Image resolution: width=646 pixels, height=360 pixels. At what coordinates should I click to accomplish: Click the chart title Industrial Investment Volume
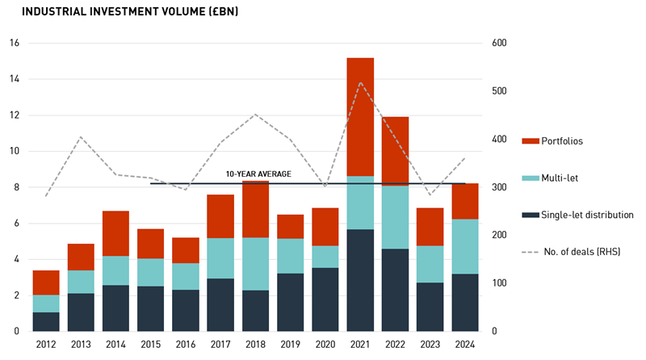(129, 12)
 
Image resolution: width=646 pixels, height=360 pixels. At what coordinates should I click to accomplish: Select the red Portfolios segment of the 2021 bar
(360, 117)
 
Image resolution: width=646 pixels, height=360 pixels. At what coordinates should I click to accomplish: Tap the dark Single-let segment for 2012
(46, 321)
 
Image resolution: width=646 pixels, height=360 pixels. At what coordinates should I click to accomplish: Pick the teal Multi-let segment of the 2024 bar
(464, 246)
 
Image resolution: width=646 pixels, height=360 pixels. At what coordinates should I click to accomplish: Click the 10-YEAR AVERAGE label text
(258, 174)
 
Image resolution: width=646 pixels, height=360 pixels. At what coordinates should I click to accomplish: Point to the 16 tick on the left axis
(14, 43)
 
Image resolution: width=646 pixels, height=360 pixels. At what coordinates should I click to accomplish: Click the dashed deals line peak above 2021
(359, 82)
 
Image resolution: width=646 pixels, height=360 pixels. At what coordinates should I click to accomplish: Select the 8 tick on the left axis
(16, 187)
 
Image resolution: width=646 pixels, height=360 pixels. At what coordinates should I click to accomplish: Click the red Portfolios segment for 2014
(115, 233)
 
